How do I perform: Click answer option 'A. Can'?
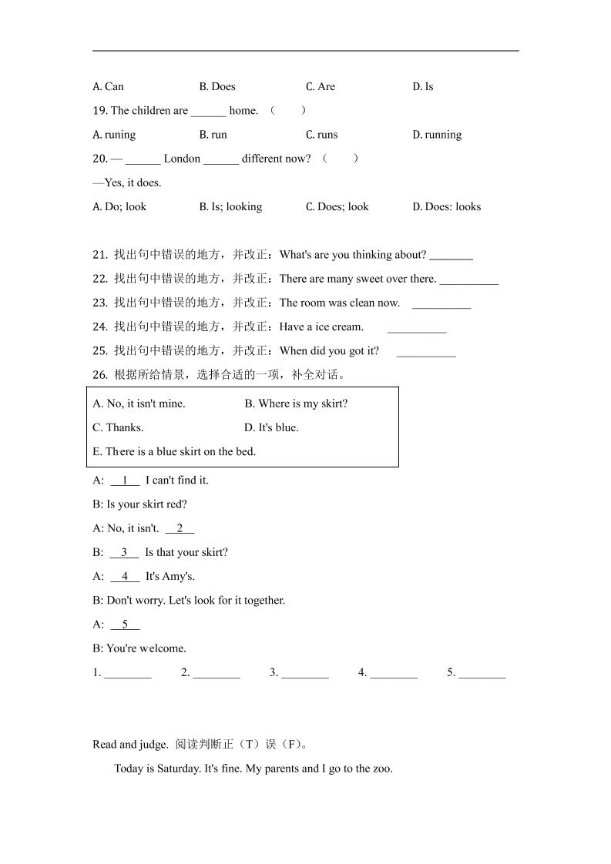[x=108, y=86]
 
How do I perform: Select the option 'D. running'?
[x=437, y=135]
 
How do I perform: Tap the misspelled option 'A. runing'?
[x=114, y=135]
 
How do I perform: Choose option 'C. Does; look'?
[x=337, y=206]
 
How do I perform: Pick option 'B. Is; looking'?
[x=230, y=206]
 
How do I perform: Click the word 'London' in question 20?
[x=182, y=159]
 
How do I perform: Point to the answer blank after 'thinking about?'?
[x=451, y=256]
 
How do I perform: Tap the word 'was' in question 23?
[x=340, y=303]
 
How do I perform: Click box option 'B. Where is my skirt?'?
[x=296, y=404]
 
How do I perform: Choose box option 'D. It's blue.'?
[x=271, y=427]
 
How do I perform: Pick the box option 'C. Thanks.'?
[x=118, y=427]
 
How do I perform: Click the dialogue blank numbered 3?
[x=124, y=552]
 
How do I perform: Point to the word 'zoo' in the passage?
[x=382, y=769]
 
